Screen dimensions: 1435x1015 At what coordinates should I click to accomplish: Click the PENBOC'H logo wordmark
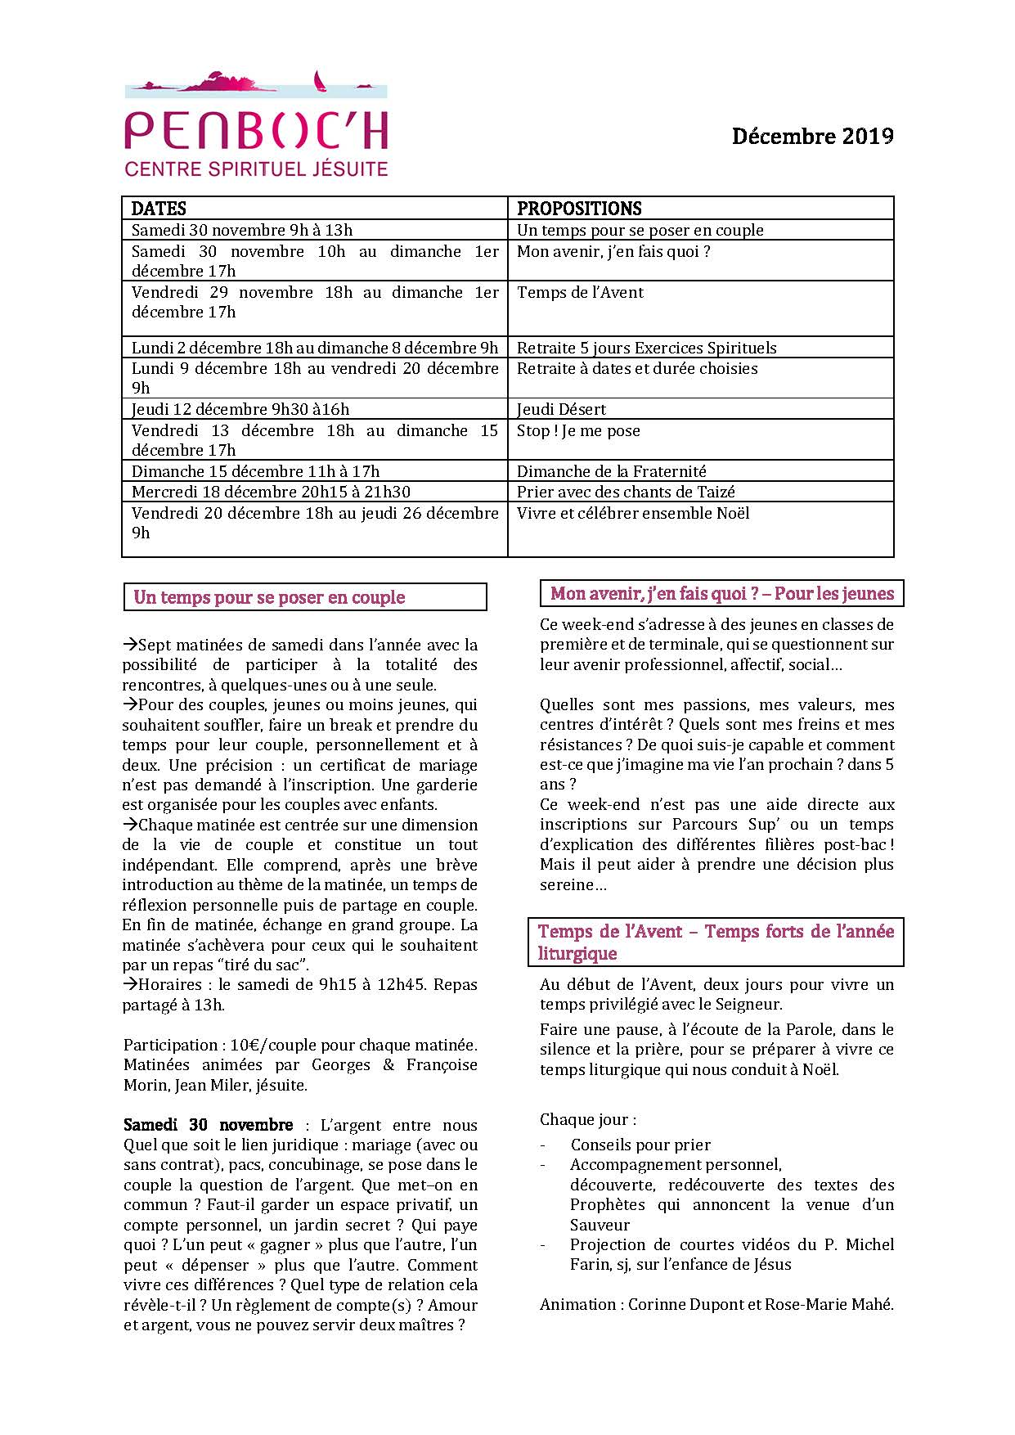click(x=256, y=131)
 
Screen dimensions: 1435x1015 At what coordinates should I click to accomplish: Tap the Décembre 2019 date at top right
click(x=812, y=136)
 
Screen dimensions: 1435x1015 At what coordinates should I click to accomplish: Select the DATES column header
click(x=159, y=209)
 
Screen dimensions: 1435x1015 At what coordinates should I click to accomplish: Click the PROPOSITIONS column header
click(x=579, y=209)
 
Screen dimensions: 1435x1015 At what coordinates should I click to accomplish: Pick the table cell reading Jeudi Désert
click(x=561, y=409)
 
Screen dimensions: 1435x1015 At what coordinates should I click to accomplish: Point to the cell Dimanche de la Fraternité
click(x=611, y=471)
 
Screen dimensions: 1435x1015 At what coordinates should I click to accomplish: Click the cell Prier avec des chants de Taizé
click(x=626, y=492)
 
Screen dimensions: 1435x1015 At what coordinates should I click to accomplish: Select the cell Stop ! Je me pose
click(x=578, y=431)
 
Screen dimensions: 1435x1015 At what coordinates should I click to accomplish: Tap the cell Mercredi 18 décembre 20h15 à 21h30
click(x=271, y=492)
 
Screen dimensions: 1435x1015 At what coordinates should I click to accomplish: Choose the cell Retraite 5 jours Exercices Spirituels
click(x=646, y=348)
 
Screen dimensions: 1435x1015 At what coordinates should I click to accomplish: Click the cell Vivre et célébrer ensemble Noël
click(x=633, y=513)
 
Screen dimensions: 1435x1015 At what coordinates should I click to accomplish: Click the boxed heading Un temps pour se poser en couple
click(x=269, y=597)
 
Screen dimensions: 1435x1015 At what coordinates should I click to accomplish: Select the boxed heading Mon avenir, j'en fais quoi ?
click(x=722, y=593)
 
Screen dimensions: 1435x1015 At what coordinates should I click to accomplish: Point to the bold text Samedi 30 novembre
click(x=208, y=1125)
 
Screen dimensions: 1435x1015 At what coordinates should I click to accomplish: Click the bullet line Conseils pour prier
click(x=640, y=1145)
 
